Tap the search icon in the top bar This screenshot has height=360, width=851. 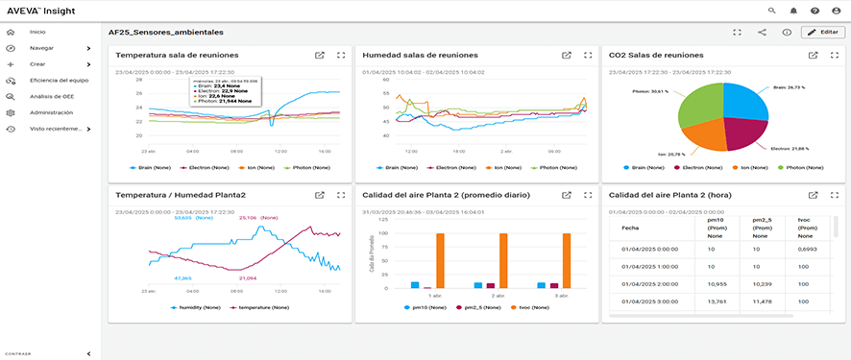(x=771, y=10)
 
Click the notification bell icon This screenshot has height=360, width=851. (x=793, y=10)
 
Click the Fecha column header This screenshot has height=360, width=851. (x=630, y=228)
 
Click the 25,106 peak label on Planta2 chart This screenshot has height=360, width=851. (x=248, y=218)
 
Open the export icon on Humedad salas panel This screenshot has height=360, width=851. (x=566, y=55)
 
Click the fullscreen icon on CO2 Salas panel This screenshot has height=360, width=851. (x=834, y=55)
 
